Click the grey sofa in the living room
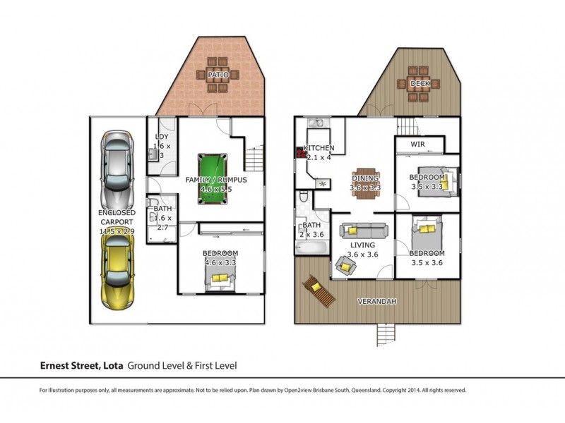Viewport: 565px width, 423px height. (363, 230)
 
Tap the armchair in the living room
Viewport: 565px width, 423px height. (345, 266)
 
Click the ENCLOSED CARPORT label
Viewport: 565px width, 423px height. (117, 221)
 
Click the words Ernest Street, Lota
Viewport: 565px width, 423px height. (81, 366)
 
